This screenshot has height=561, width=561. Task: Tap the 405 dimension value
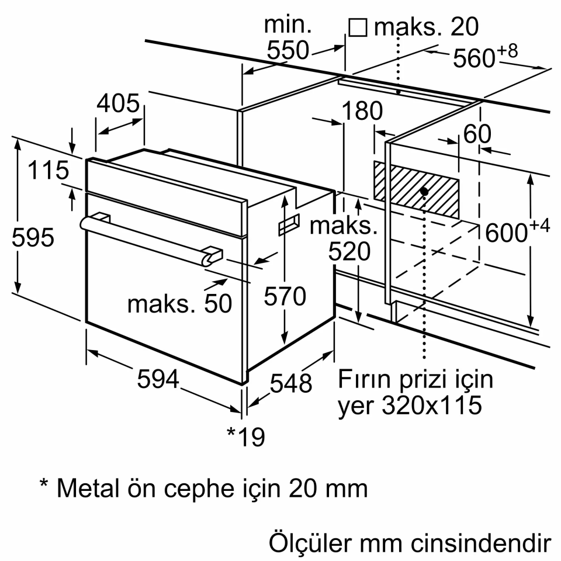(119, 104)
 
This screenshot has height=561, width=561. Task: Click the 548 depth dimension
(291, 383)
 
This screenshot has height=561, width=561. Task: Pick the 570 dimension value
(285, 297)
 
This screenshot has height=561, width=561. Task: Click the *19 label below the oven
(245, 435)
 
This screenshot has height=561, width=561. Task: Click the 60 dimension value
(477, 134)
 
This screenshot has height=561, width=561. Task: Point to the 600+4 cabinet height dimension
(517, 232)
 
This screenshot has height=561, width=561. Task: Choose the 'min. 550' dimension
(288, 38)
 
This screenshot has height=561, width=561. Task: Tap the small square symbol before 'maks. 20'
(358, 27)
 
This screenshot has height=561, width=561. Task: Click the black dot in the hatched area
(424, 191)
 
